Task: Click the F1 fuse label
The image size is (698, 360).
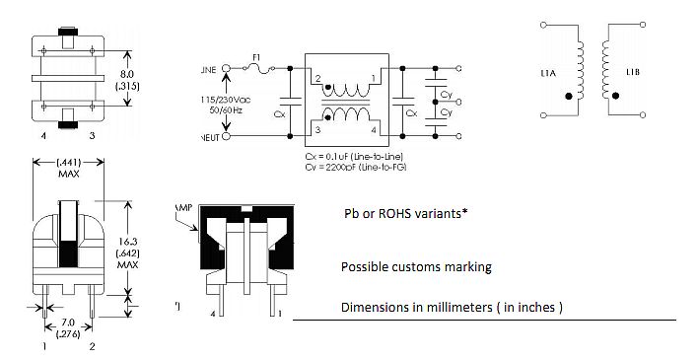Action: coord(257,58)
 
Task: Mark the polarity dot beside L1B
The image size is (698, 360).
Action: coord(616,96)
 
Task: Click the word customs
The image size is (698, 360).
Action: coord(418,267)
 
